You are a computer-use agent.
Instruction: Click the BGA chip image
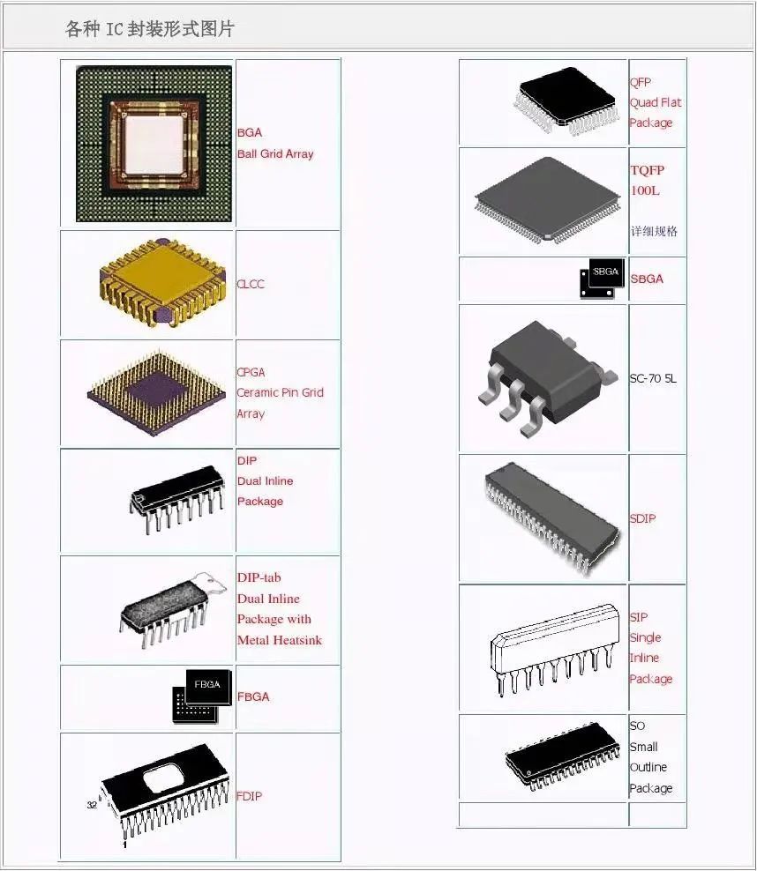point(154,144)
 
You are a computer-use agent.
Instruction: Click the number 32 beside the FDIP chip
point(92,805)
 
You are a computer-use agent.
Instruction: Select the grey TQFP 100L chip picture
point(546,199)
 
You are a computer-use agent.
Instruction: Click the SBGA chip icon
point(602,279)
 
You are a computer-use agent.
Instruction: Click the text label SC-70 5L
point(653,378)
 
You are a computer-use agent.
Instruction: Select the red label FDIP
point(249,796)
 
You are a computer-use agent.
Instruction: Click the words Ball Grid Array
point(275,153)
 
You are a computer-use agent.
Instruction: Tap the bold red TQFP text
point(647,169)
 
